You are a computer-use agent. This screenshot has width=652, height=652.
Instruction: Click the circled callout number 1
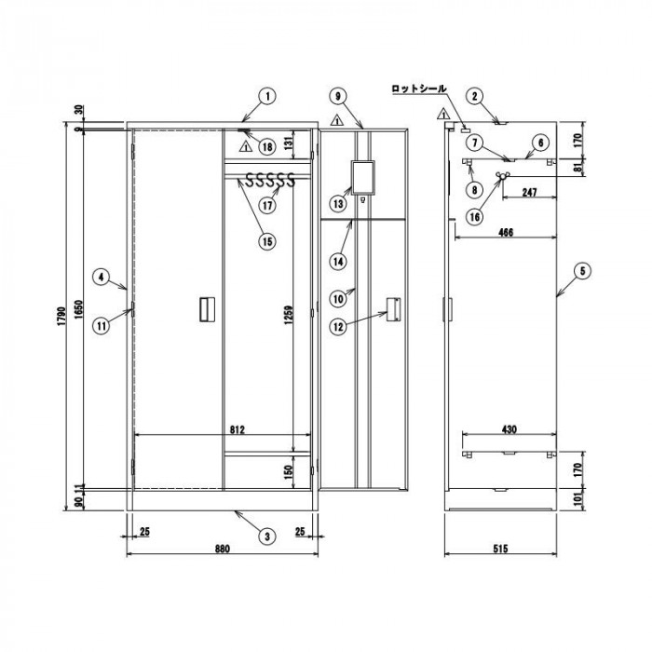coord(268,97)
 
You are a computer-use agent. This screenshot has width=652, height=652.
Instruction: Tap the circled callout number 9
coord(337,97)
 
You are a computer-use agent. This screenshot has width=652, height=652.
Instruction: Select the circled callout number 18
coord(267,146)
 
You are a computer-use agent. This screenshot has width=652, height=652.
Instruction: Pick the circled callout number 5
coord(582,271)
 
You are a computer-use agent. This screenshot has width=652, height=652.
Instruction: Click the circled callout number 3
coord(267,536)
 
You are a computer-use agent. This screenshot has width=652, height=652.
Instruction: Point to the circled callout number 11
coord(102,326)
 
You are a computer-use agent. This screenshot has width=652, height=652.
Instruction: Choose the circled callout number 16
coord(475,217)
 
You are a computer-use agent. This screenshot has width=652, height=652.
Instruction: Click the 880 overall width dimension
coord(223,549)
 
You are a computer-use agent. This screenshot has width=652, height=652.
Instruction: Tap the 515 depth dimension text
coord(501,549)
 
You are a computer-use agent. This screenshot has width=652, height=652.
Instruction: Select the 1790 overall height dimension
coord(61,316)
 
